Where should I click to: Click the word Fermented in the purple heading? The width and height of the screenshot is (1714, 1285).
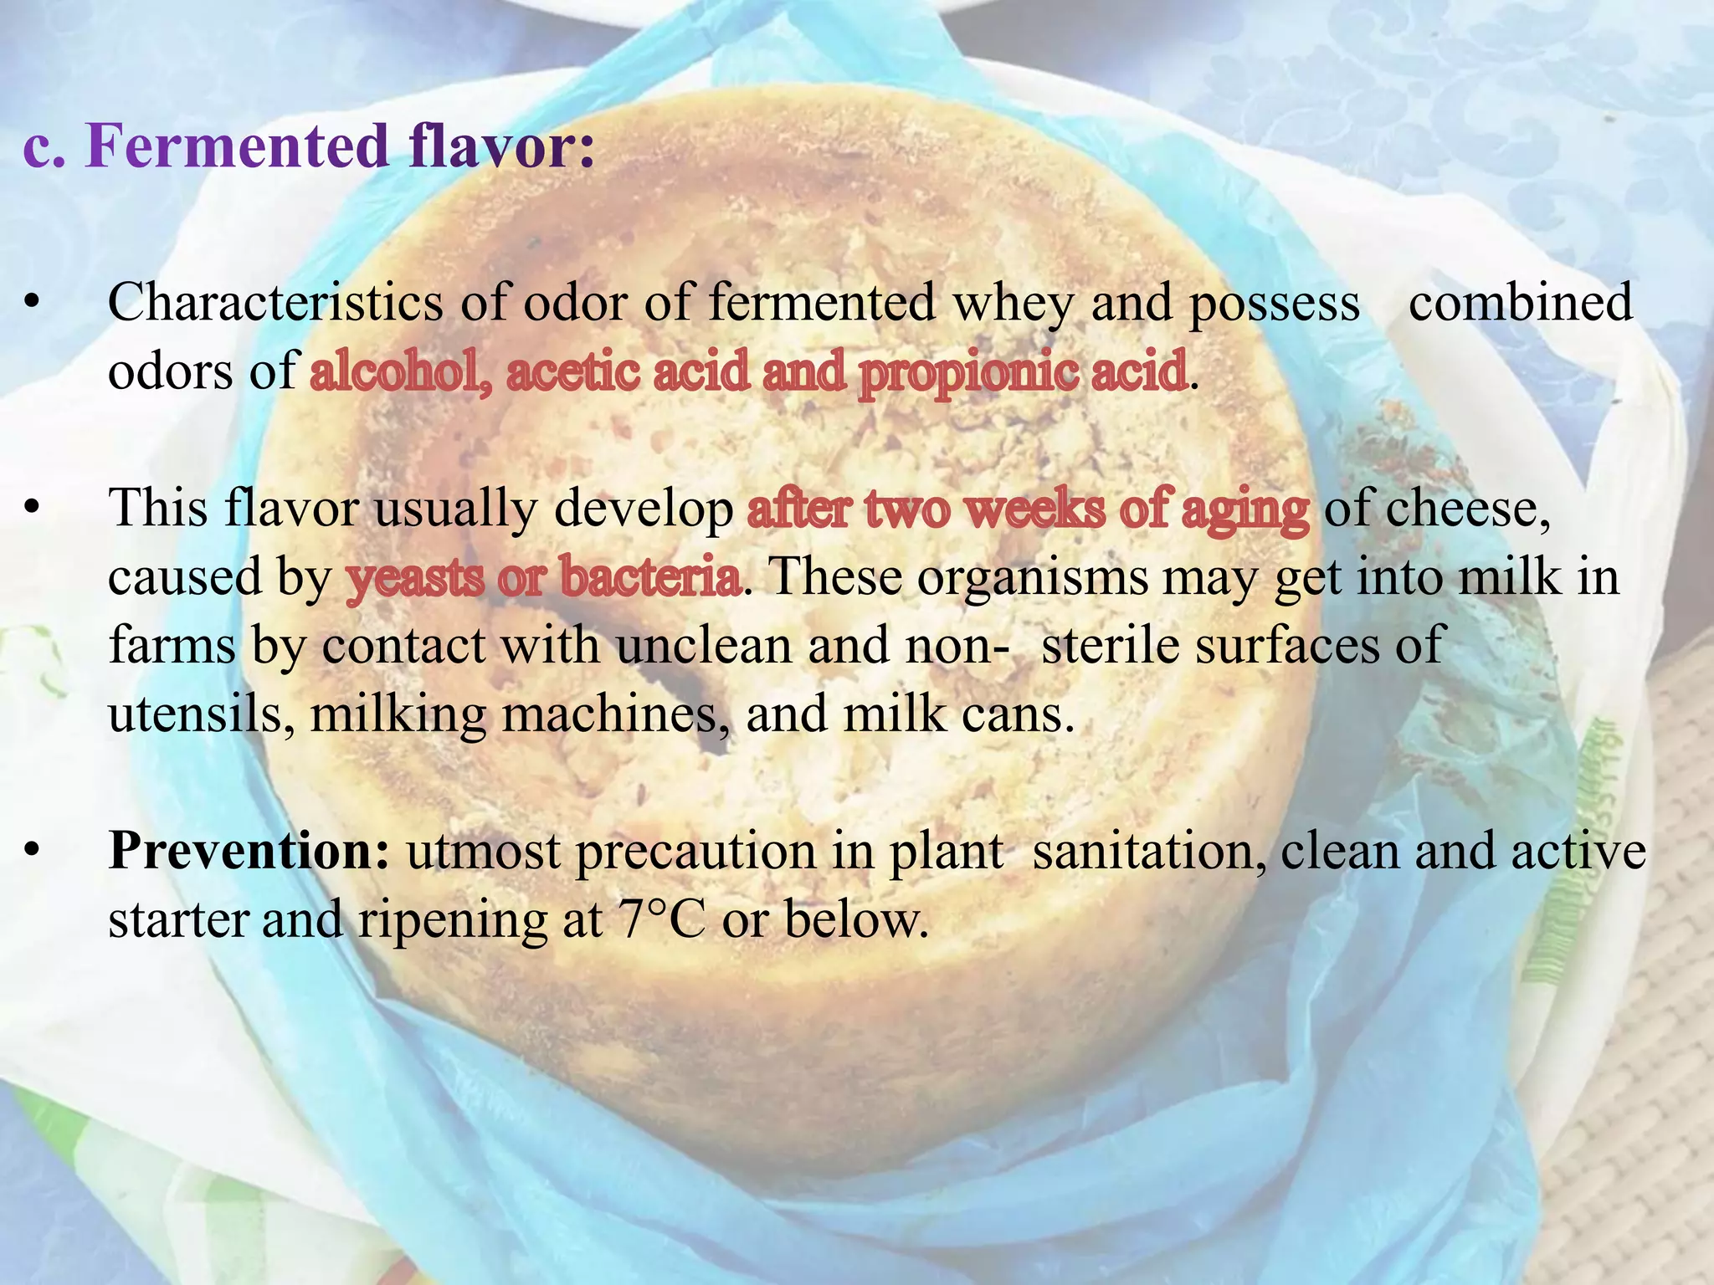(238, 146)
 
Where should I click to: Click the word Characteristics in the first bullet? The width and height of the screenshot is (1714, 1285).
(275, 303)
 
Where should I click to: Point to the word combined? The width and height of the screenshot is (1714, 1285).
(1520, 303)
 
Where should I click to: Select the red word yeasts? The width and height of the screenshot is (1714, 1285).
(414, 577)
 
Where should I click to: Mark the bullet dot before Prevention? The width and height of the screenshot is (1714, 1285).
(32, 852)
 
